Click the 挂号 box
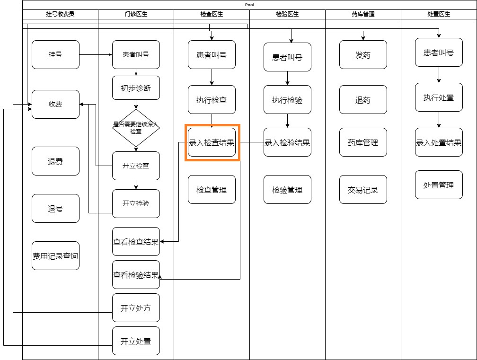55,54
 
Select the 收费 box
55,104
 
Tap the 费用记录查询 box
55,256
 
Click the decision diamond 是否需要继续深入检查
136,128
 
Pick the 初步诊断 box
136,88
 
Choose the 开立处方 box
136,308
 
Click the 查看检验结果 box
136,275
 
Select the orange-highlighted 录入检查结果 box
212,142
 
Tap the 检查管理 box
212,190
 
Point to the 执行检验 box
287,100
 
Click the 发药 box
363,55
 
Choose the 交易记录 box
363,190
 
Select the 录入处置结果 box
439,142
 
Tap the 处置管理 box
439,185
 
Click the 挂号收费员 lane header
61,14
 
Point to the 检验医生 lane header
287,14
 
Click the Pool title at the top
249,5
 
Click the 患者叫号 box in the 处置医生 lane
439,53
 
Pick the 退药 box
363,100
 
